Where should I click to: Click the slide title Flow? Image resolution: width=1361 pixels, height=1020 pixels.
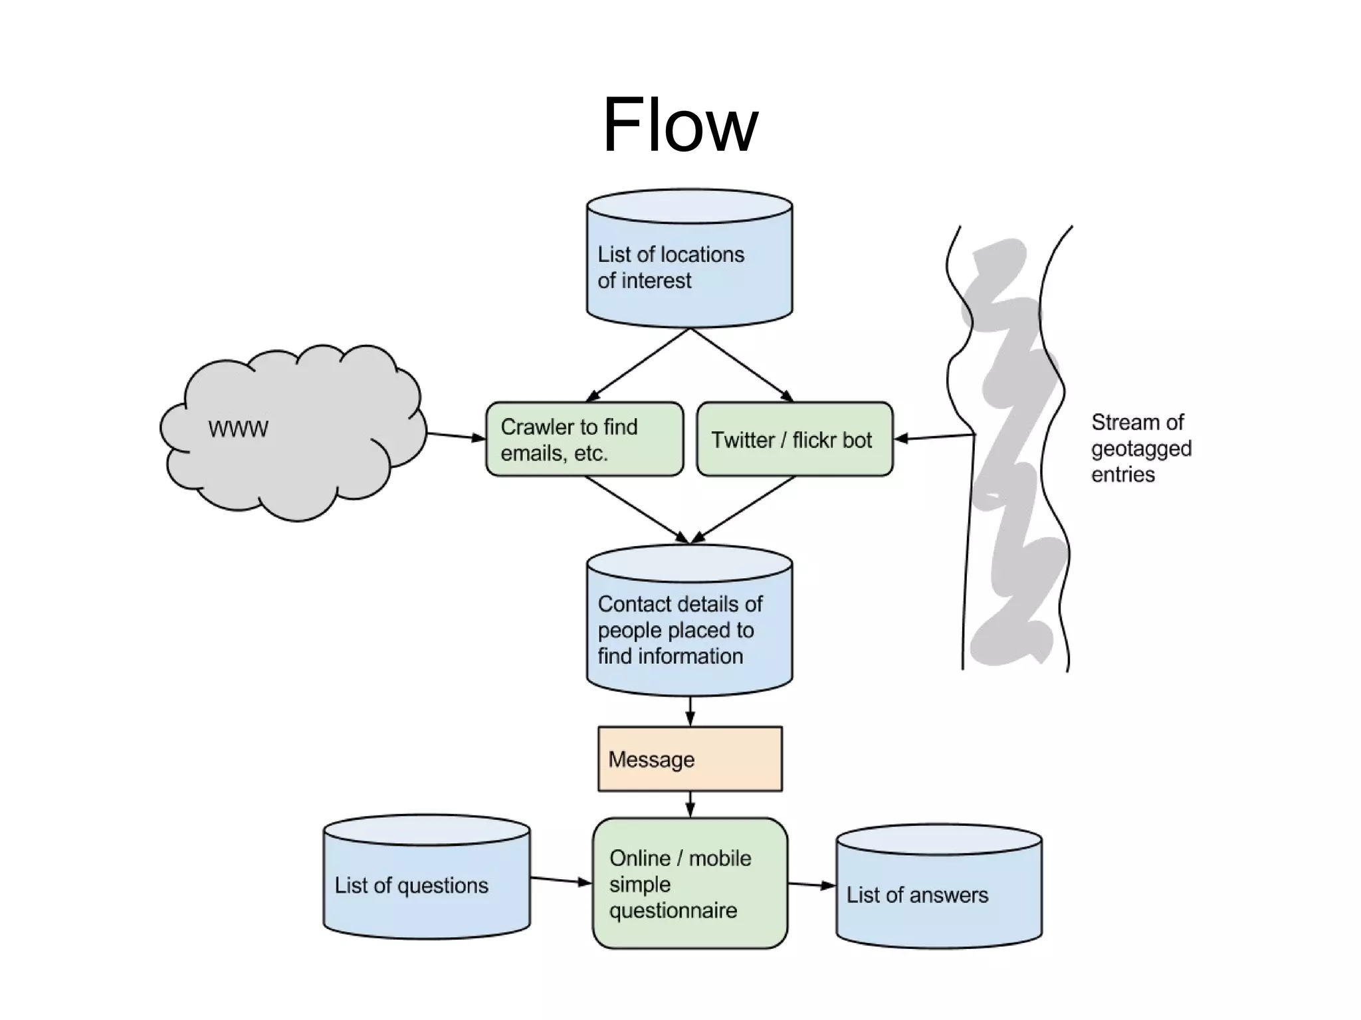(x=680, y=125)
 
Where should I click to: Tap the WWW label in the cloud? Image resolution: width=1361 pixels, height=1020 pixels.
(x=238, y=429)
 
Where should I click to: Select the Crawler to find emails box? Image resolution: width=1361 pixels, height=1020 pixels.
(x=584, y=439)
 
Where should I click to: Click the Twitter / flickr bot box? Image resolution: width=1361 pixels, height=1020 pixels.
(x=794, y=439)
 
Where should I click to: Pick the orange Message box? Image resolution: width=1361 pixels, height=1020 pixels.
(x=690, y=759)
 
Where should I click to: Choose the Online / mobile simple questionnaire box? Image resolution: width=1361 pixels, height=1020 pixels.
(x=690, y=883)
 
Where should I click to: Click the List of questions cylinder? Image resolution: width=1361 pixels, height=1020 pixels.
(x=427, y=884)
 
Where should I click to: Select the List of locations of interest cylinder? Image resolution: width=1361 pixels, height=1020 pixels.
(x=689, y=266)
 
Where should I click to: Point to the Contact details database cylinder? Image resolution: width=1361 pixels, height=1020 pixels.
(x=689, y=628)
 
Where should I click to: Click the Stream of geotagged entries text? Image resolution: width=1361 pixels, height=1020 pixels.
(x=1140, y=449)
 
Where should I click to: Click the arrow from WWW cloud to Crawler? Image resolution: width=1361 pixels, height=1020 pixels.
(x=456, y=436)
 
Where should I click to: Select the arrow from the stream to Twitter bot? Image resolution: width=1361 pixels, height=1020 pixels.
(x=934, y=437)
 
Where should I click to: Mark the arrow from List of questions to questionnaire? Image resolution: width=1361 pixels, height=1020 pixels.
(x=561, y=880)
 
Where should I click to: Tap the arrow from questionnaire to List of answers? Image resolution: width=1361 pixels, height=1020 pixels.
(x=811, y=884)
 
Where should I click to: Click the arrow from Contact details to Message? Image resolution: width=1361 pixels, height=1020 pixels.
(x=690, y=710)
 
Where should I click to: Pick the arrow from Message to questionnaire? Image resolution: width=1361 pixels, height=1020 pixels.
(x=690, y=804)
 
